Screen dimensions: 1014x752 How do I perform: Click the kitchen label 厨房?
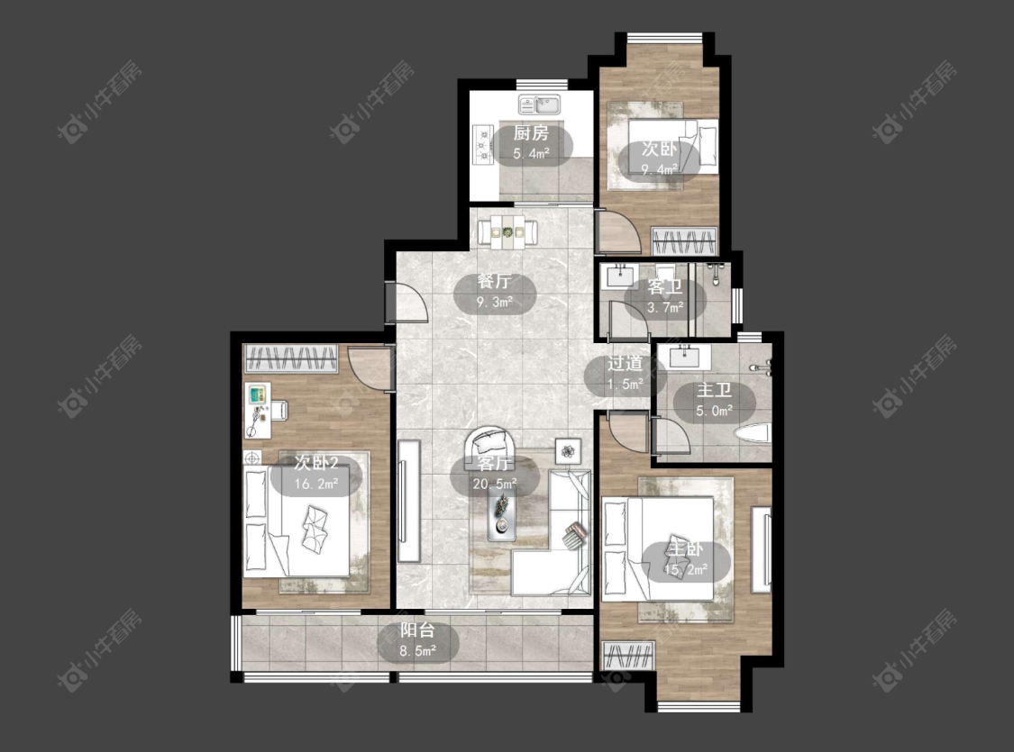point(531,133)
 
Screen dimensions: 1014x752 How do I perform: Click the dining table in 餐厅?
point(507,232)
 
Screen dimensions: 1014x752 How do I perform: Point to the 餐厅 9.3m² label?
point(495,293)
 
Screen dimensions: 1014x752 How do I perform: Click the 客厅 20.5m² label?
point(495,475)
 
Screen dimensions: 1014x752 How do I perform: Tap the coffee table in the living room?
point(502,512)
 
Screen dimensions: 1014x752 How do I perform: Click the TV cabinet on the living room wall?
point(408,501)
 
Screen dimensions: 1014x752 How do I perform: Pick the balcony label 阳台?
point(417,630)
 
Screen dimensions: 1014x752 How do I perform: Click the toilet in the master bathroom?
point(753,433)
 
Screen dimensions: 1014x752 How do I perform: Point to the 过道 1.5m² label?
point(625,374)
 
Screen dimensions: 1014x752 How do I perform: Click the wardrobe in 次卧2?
point(291,358)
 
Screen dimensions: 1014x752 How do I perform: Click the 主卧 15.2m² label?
point(686,559)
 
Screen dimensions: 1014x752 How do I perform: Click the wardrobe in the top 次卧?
point(684,241)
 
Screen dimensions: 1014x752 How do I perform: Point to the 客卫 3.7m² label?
point(665,296)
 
